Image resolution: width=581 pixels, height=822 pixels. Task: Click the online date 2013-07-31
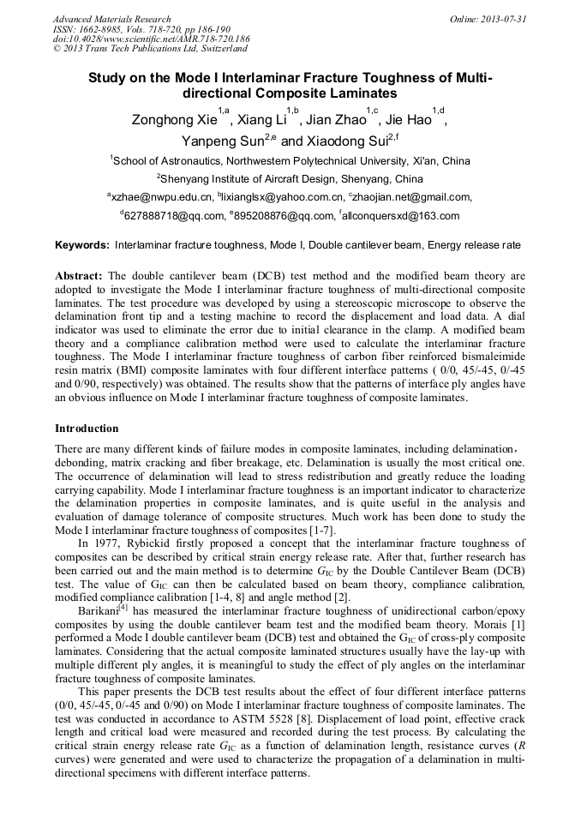point(503,19)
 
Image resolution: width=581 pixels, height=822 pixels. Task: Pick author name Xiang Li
point(261,120)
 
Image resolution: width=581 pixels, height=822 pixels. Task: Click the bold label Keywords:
point(82,245)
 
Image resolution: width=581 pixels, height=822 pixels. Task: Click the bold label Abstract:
point(80,276)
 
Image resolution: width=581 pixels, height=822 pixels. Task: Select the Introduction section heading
point(87,428)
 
